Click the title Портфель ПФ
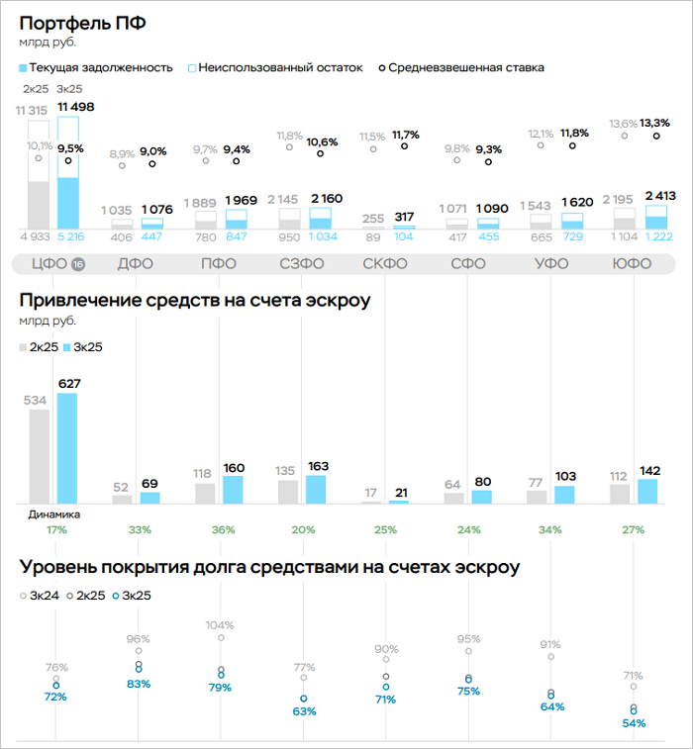click(82, 22)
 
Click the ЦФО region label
click(48, 264)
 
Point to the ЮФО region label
click(632, 264)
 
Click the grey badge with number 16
click(78, 264)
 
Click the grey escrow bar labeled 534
click(40, 456)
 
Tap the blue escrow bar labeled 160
click(234, 490)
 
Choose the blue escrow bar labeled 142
click(648, 491)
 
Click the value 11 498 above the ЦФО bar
click(76, 107)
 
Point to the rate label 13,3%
click(655, 123)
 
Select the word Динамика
click(54, 515)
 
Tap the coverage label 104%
click(221, 625)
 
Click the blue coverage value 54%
click(634, 723)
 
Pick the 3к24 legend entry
click(40, 596)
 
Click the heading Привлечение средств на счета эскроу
click(194, 299)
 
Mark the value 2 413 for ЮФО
click(661, 196)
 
